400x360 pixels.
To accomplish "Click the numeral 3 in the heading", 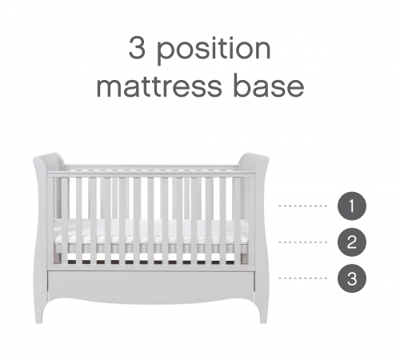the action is [137, 48].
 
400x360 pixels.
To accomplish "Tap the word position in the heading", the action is [214, 50].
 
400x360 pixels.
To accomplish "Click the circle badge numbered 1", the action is [352, 206].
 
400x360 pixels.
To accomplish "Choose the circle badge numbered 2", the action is [352, 242].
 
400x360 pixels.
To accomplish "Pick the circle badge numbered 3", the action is [352, 278].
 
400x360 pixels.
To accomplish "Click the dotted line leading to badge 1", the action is [302, 206].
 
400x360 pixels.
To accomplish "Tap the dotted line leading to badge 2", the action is [302, 242].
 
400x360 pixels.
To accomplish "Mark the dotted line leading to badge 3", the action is [302, 278].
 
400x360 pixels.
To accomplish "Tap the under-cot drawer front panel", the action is [151, 282].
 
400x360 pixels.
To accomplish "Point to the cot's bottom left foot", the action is [40, 316].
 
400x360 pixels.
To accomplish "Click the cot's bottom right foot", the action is [262, 316].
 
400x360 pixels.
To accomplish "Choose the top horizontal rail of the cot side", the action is [151, 174].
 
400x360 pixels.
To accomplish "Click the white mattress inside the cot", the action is [151, 231].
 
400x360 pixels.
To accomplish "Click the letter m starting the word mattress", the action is [110, 87].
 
